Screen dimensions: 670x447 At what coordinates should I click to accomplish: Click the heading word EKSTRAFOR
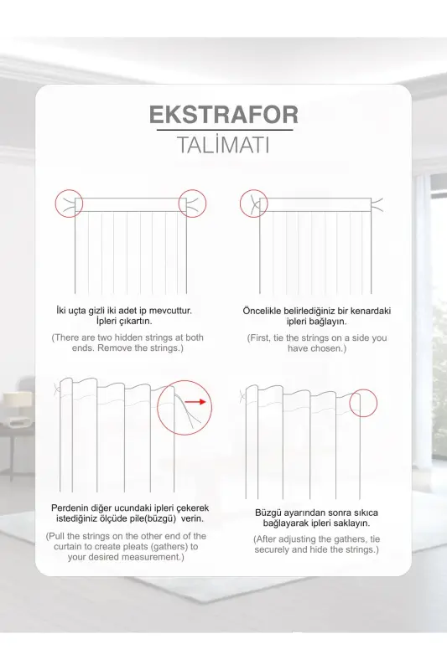(x=223, y=115)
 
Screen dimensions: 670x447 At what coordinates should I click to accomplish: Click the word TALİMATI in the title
(x=223, y=145)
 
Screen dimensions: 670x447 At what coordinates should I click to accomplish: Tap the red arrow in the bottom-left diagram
(x=195, y=402)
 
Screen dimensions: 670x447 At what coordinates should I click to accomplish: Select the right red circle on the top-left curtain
(x=191, y=203)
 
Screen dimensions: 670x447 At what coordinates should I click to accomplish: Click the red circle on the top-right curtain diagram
(x=253, y=203)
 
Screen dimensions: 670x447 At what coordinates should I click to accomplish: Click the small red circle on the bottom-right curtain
(x=365, y=404)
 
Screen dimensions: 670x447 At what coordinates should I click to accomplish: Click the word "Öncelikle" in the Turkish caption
(x=264, y=311)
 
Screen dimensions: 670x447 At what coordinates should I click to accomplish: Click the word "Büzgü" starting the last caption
(x=269, y=512)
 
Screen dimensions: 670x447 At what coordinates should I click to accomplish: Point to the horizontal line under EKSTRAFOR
(x=223, y=130)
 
